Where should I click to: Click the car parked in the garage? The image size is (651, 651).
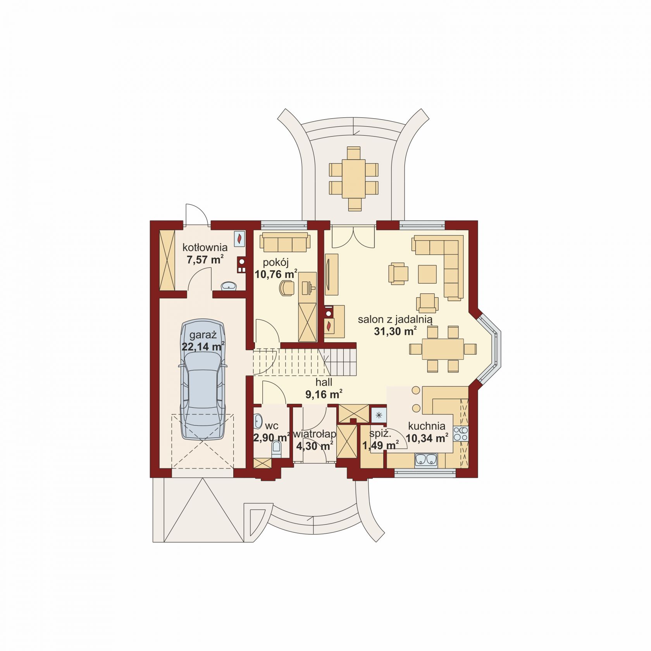(202, 379)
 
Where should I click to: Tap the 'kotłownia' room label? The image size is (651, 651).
(205, 247)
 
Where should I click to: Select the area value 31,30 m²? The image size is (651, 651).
(395, 331)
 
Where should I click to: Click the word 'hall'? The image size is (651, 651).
(324, 382)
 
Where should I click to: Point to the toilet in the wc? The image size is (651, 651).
(277, 449)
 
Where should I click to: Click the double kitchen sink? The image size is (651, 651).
(426, 460)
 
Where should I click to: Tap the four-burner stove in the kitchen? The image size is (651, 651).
(461, 434)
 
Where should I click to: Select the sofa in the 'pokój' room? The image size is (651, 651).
(285, 242)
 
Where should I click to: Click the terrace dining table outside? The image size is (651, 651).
(354, 179)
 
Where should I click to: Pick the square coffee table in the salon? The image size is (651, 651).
(427, 274)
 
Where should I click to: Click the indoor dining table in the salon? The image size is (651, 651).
(443, 349)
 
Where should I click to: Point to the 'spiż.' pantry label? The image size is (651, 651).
(380, 433)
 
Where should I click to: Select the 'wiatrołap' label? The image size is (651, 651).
(315, 434)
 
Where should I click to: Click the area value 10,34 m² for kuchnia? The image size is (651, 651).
(427, 438)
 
